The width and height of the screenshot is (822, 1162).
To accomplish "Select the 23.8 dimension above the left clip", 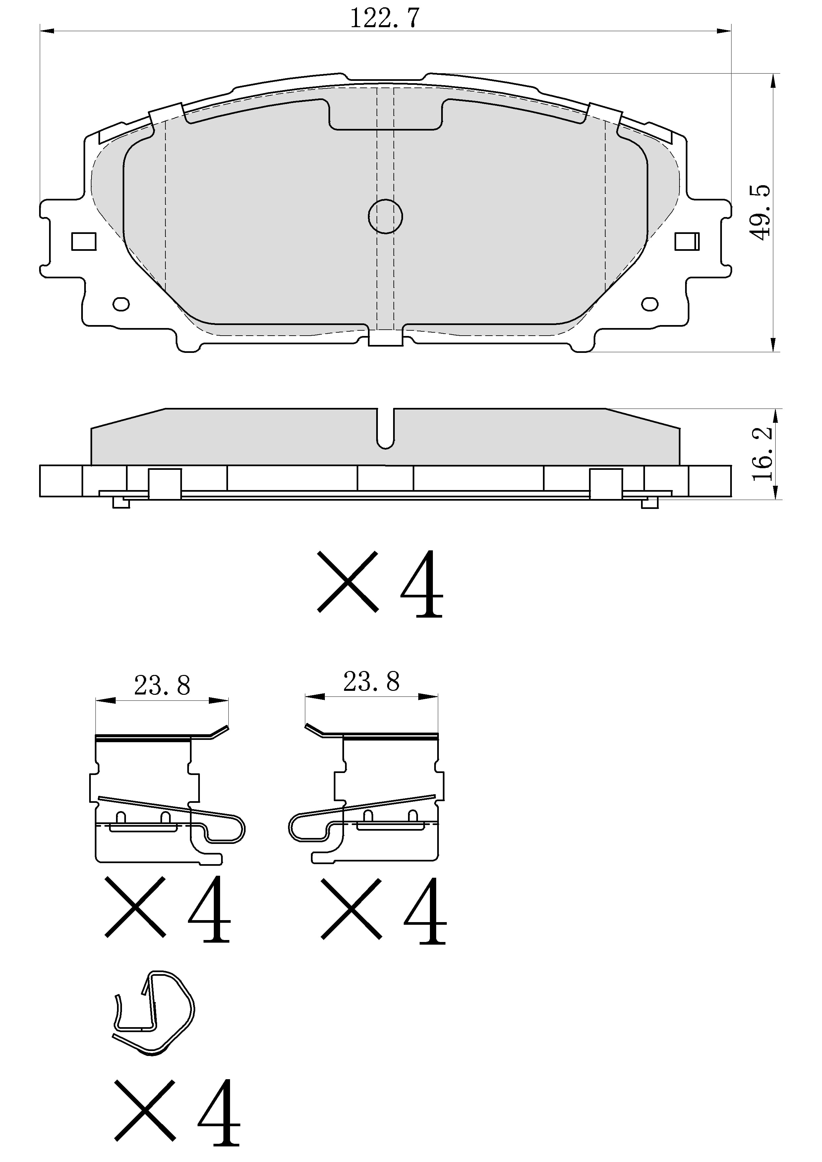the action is coord(162,686).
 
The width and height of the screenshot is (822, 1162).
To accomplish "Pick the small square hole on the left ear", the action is coord(84,242).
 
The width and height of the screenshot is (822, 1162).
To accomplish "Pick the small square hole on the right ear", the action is coord(687,242).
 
